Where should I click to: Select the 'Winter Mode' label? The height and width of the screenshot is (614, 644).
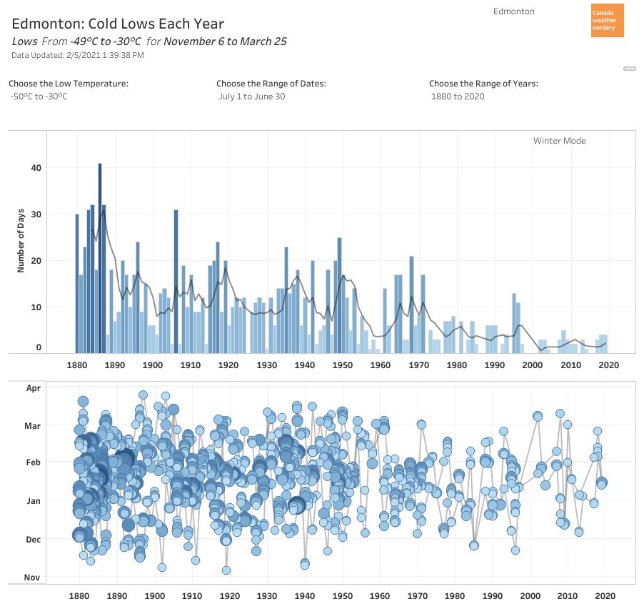click(559, 141)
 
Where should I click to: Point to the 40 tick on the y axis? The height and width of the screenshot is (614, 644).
click(35, 168)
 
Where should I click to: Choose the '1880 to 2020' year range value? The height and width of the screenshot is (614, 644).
click(458, 96)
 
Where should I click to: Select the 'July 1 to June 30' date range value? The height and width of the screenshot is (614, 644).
click(251, 96)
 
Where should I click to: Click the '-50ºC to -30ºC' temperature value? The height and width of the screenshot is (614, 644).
click(39, 96)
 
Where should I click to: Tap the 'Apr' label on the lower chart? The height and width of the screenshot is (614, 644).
click(34, 388)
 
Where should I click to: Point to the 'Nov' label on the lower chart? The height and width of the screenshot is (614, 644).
click(33, 578)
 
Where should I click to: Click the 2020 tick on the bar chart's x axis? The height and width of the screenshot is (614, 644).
click(608, 365)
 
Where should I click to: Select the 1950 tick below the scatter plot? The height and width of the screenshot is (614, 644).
click(343, 595)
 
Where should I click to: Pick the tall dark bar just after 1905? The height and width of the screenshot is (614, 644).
click(176, 281)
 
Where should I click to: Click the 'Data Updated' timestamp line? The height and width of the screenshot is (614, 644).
click(78, 55)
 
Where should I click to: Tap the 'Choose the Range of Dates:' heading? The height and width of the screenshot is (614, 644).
click(271, 84)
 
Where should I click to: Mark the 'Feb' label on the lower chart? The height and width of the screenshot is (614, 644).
click(34, 463)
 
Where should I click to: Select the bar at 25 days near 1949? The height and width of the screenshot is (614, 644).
click(340, 294)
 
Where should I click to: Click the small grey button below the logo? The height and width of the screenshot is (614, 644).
click(629, 69)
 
